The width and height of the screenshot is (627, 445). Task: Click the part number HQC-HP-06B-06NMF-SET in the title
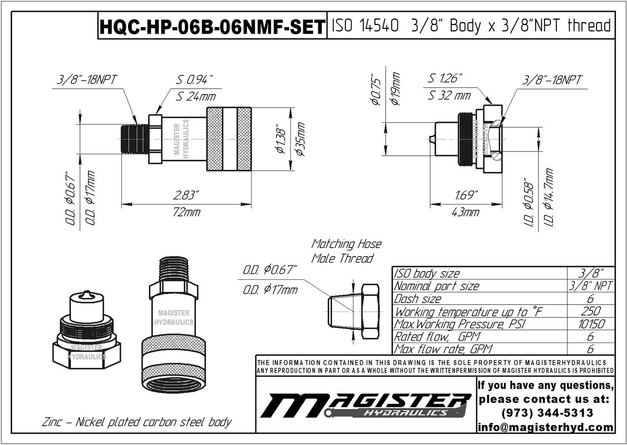(212, 27)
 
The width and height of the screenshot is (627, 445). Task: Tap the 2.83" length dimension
(187, 195)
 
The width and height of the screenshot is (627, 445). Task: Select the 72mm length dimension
(187, 212)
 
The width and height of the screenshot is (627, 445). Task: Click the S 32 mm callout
(449, 95)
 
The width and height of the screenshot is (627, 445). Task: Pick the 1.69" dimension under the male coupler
(466, 195)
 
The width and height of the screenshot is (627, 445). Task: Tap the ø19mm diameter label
(395, 89)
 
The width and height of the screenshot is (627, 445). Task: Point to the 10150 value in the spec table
(591, 324)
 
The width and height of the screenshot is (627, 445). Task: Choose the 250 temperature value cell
(591, 311)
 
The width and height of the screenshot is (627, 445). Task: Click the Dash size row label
(418, 299)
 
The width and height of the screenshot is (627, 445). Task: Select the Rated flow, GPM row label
(437, 337)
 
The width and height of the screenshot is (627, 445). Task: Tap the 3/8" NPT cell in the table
(591, 286)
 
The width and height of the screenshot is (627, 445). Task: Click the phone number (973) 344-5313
(547, 413)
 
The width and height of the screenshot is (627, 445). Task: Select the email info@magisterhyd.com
(546, 427)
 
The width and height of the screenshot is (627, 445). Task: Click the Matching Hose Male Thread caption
(346, 251)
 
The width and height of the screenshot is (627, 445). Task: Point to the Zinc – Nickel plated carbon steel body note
(137, 422)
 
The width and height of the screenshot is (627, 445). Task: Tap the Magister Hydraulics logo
(365, 405)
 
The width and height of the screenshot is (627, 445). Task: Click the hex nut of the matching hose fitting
(370, 312)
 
